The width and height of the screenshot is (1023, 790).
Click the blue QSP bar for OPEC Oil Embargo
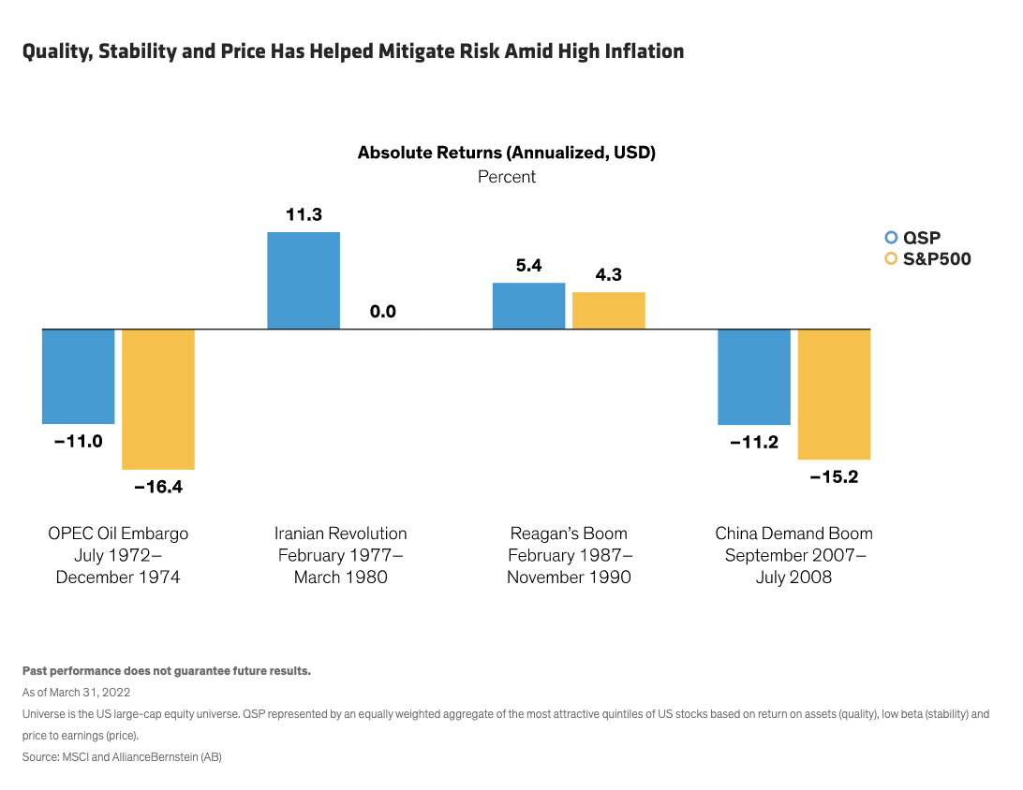click(79, 376)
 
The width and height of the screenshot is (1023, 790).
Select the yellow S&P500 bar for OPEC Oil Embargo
click(158, 399)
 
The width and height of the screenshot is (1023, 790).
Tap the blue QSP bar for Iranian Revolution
click(304, 281)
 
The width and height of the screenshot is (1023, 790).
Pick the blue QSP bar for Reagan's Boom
click(529, 306)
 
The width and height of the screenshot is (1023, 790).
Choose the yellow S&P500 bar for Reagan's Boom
click(609, 311)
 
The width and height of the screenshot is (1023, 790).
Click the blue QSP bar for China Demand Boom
click(754, 377)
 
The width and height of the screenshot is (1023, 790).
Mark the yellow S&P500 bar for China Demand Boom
click(834, 394)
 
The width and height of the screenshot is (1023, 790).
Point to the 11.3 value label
click(304, 215)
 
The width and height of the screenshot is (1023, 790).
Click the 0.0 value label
click(383, 312)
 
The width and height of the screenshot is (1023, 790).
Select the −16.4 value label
click(158, 487)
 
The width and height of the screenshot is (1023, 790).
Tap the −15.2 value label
click(834, 476)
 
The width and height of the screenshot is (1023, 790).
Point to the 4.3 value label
click(609, 275)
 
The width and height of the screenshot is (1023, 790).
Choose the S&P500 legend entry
click(927, 259)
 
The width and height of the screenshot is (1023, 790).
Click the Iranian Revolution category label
click(341, 534)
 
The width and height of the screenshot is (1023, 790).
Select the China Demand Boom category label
click(794, 534)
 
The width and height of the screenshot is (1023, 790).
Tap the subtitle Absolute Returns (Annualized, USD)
click(507, 153)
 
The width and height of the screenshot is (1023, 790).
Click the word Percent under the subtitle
click(507, 177)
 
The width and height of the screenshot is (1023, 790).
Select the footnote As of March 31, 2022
click(76, 693)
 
